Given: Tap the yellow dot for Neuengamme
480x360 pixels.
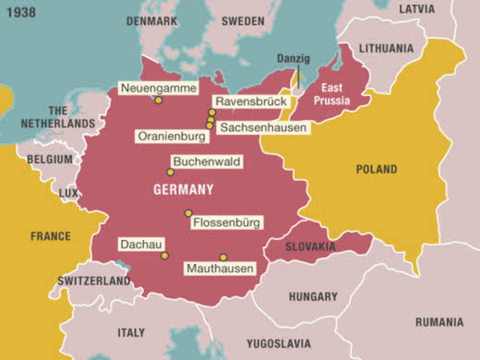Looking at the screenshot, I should coord(158,100).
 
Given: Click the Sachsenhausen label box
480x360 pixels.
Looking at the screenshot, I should coord(263,128).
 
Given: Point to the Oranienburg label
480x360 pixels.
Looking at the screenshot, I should coord(170,136).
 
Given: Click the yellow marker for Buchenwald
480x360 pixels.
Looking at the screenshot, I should coord(170,172).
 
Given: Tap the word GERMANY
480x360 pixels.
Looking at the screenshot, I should coord(184,190).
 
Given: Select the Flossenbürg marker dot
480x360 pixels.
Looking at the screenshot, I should coord(188,213).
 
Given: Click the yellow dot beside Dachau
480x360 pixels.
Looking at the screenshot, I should coord(164,256).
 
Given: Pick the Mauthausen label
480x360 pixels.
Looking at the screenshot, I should coord(220,268).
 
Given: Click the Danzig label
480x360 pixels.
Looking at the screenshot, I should coord(292,58).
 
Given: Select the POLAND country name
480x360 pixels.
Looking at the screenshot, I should coord(376,169).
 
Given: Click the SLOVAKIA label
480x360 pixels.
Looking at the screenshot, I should coord(310,246).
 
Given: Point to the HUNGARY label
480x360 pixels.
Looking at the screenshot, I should coord(313,296).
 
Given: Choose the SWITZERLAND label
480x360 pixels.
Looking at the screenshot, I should coord(94,280).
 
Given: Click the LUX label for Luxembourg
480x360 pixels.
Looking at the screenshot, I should coord(68,193).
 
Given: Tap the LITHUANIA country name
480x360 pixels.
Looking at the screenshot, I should coord(385,48).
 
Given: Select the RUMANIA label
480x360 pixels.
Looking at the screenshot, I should coord(439,322).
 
